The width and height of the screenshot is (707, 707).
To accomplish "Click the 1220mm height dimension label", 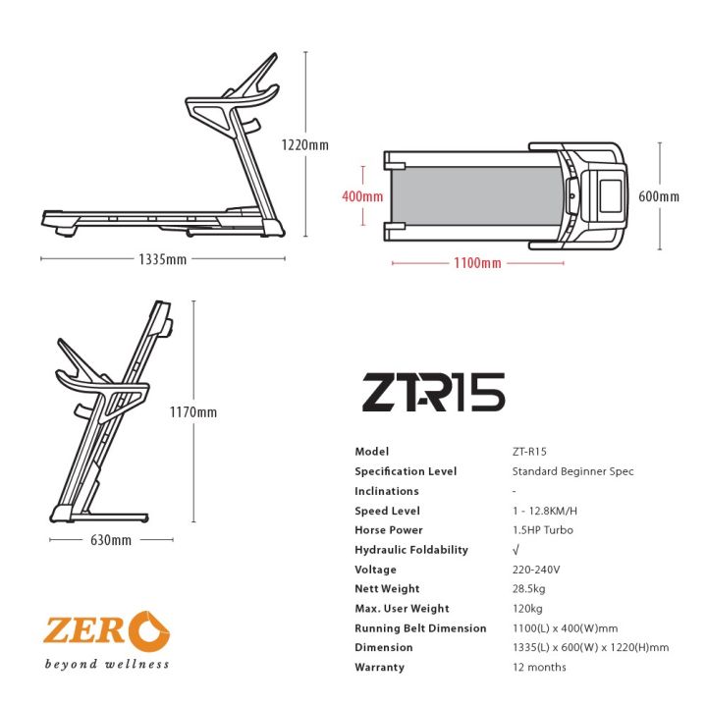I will (x=304, y=144).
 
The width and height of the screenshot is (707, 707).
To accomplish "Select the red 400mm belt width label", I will (x=361, y=196).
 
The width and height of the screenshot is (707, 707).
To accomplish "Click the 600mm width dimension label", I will (x=658, y=196).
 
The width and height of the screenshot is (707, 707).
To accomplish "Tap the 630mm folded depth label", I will (x=110, y=540).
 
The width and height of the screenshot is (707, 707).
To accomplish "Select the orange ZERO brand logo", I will (x=106, y=629).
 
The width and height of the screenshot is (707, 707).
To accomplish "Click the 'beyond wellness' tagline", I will (x=106, y=665).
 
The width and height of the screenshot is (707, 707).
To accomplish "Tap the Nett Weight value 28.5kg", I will (x=528, y=589).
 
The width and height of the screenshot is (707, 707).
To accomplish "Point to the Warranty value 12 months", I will (x=539, y=668).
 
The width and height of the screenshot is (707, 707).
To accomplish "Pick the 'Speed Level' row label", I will (x=387, y=511).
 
